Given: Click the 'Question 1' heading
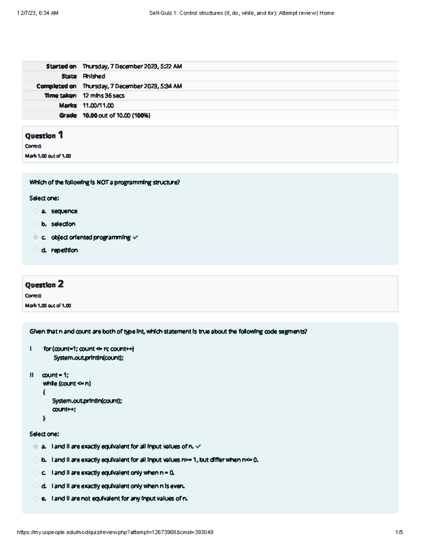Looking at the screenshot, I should [44, 135].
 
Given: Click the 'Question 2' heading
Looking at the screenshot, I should [44, 285].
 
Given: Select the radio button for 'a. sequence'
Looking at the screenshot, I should [35, 211].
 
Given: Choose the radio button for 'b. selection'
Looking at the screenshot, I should [35, 224].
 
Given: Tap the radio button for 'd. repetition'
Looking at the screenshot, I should [35, 250].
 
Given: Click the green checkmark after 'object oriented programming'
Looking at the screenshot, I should [135, 238].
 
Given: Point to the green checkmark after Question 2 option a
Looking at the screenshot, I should [198, 446].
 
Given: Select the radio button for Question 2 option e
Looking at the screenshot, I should [35, 498].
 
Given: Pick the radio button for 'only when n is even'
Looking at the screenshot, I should [35, 486].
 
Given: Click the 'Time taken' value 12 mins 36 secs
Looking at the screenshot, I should [103, 95].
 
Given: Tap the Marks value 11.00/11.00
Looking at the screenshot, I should [98, 105].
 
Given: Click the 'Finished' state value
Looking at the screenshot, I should [94, 76].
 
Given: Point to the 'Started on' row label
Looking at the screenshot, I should [61, 66].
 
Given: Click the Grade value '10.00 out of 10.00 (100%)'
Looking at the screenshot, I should [116, 115].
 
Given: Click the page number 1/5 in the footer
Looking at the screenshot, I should [399, 532].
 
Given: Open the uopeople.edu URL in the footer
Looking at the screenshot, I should [115, 532].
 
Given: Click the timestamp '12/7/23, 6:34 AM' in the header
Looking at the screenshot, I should [38, 13].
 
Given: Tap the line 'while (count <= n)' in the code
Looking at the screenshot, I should [67, 384].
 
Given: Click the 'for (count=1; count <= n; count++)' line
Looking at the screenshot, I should [88, 349].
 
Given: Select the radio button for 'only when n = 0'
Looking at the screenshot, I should [35, 473].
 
